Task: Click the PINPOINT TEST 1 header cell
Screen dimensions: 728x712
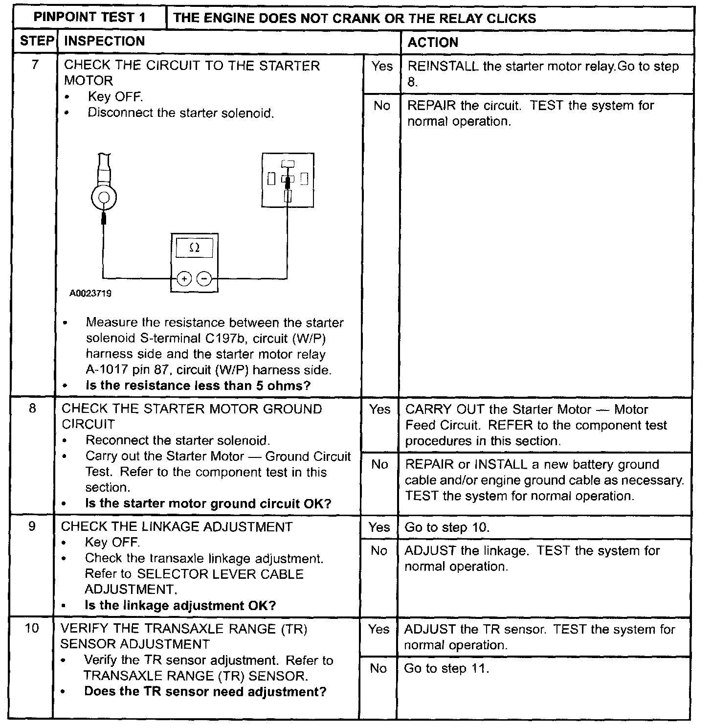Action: [x=89, y=18]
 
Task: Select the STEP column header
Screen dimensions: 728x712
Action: [x=36, y=41]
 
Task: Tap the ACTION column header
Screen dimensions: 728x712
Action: [x=432, y=42]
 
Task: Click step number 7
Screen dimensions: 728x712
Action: [x=34, y=65]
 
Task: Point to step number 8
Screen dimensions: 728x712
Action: [x=32, y=409]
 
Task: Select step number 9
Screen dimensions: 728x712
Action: [x=32, y=526]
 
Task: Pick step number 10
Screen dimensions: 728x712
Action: [x=31, y=628]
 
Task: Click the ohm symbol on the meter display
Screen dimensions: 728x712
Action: [x=194, y=248]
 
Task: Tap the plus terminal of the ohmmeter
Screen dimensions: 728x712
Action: [x=184, y=279]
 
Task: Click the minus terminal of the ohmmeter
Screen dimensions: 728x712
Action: [x=204, y=279]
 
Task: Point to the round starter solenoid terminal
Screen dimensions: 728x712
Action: [x=104, y=198]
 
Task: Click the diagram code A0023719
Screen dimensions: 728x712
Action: [x=90, y=294]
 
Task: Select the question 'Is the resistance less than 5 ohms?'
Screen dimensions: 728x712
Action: [x=198, y=386]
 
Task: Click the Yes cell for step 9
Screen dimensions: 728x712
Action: [x=379, y=527]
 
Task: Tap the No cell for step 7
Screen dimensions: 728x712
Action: [x=381, y=106]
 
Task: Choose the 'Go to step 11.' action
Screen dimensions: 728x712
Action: [x=446, y=668]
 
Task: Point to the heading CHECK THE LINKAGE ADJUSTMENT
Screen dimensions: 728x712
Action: [x=177, y=526]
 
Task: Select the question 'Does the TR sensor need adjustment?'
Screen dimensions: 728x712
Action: [x=205, y=692]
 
